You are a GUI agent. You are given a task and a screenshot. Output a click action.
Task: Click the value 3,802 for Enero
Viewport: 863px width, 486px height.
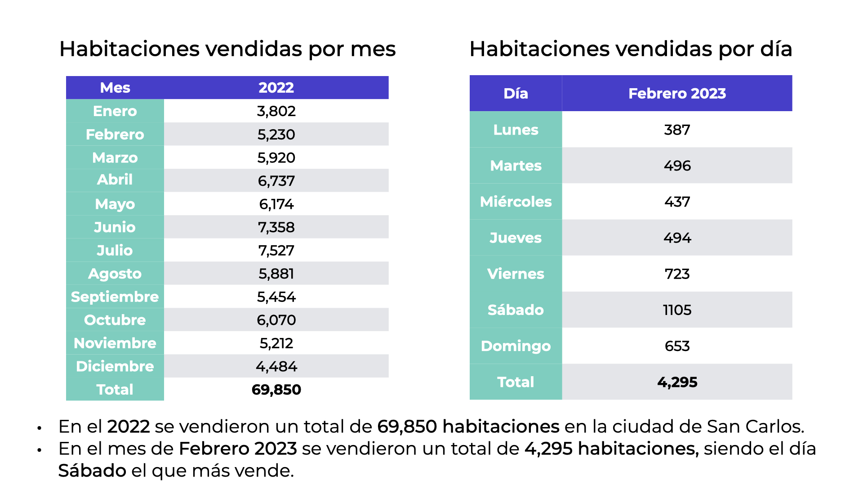(276, 111)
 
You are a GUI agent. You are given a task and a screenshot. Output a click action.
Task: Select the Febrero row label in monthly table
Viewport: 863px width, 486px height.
(115, 135)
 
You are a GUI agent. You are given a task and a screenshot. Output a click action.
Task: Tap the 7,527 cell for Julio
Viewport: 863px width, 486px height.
(276, 250)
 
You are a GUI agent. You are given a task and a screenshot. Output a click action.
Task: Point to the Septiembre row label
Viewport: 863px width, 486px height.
(115, 297)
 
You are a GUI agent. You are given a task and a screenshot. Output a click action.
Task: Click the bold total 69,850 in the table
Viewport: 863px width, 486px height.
(276, 389)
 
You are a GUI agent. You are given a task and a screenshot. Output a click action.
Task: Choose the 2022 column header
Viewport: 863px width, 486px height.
(276, 87)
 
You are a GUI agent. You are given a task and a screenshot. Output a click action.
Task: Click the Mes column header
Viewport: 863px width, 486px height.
(115, 87)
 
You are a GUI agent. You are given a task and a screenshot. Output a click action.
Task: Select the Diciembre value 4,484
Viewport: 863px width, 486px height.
(276, 366)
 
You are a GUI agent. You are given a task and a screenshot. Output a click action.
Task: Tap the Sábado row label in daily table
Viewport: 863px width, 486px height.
(516, 310)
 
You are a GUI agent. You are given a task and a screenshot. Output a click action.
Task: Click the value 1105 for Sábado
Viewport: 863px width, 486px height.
(677, 310)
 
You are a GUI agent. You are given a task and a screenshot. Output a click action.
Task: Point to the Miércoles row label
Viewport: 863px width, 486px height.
(516, 202)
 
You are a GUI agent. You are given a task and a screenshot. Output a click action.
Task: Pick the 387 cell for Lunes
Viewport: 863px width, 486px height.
(677, 130)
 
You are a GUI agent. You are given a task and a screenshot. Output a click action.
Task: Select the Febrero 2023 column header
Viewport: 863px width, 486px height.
(677, 93)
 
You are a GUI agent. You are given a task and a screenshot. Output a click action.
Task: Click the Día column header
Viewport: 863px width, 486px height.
(516, 93)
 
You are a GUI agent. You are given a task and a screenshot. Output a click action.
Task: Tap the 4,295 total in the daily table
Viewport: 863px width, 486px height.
(677, 382)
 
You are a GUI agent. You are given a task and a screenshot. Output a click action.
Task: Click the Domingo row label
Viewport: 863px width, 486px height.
(516, 346)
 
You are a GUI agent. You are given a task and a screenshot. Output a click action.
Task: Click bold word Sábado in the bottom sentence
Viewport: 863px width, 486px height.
(92, 471)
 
